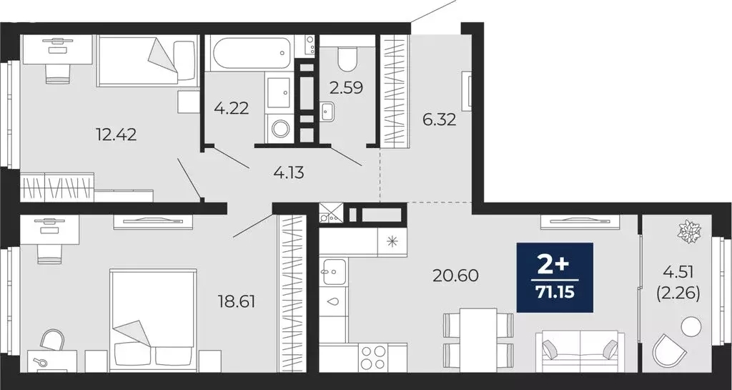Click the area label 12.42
(x=116, y=133)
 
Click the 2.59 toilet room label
(x=346, y=88)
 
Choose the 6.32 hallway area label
(x=439, y=120)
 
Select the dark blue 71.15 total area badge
(x=555, y=278)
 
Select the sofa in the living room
(x=579, y=351)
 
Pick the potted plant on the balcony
(x=690, y=232)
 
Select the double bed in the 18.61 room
(x=153, y=318)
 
